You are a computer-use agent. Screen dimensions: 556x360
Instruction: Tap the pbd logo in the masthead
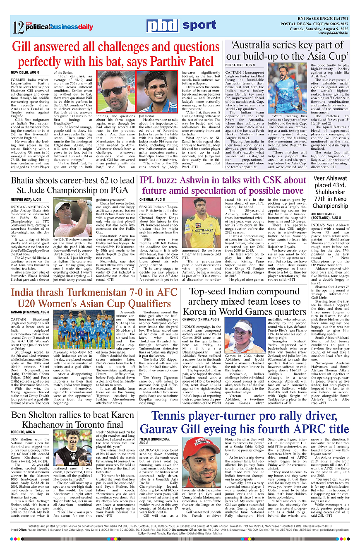pyautogui.click(x=163, y=25)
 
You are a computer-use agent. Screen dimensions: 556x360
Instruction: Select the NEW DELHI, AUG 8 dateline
pyautogui.click(x=26, y=72)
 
